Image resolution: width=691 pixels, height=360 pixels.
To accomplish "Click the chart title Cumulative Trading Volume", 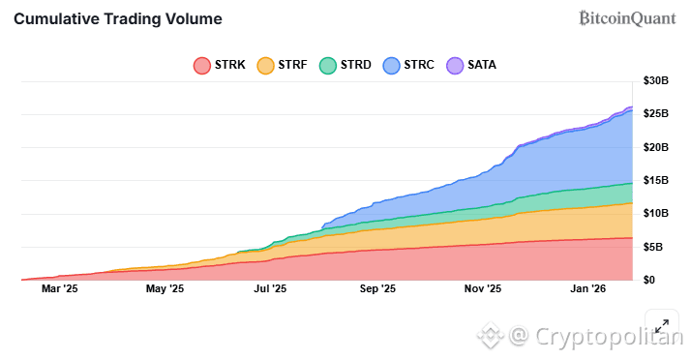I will [x=118, y=18].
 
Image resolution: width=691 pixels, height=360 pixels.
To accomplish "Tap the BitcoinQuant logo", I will [x=627, y=17].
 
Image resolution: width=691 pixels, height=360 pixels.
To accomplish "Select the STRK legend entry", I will [x=222, y=65].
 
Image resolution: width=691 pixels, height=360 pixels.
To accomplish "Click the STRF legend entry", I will [x=282, y=65].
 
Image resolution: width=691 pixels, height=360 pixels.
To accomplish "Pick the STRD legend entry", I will [x=345, y=65].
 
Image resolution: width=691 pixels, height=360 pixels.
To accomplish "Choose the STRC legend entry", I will [x=409, y=65].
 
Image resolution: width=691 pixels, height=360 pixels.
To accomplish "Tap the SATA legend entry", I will [x=471, y=65].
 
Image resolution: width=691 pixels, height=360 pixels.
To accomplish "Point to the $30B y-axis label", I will [x=655, y=81].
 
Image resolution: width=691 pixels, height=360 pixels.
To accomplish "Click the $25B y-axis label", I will [x=655, y=114].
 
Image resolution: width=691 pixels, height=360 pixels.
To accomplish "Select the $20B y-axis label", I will [x=655, y=147].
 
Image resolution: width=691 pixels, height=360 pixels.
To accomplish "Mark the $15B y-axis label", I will [x=655, y=180].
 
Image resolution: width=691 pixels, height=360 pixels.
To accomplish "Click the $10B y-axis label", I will [x=655, y=213].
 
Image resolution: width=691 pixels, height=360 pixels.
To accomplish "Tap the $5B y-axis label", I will [x=658, y=247].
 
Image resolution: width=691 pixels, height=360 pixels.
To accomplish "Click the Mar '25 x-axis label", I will [x=59, y=288].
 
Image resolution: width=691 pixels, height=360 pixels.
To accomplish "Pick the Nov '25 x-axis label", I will [x=482, y=288].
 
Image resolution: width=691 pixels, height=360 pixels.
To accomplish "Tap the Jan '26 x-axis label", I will [x=587, y=288].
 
